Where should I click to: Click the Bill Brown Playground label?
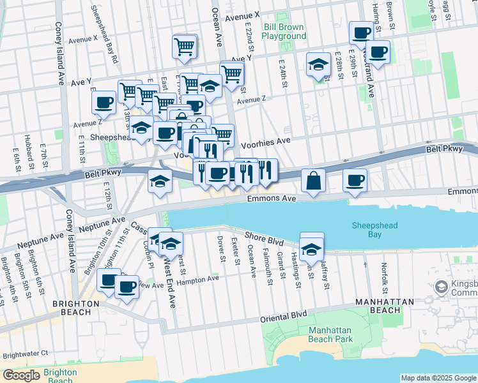click(x=284, y=31)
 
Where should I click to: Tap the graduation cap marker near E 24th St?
click(x=318, y=65)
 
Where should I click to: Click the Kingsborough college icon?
click(x=441, y=287)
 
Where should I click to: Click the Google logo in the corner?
click(x=21, y=375)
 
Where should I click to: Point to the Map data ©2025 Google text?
click(x=438, y=378)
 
